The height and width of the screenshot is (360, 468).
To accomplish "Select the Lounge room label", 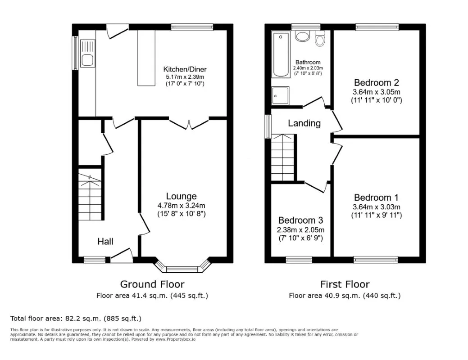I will coord(181,196).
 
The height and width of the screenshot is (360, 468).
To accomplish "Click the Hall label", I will coord(105,242).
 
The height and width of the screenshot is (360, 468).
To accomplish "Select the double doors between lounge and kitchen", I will coord(189,123).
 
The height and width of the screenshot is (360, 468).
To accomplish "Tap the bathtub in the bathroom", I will coord(281,55).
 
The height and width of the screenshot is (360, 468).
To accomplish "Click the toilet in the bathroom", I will coord(320,40).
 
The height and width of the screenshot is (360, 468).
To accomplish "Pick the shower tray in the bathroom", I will coord(280,95).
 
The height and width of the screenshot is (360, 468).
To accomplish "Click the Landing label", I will coord(304,123).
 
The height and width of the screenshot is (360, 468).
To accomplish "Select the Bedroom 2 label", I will coord(376,83).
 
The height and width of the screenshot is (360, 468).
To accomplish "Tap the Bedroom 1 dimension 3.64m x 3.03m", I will coord(376,207).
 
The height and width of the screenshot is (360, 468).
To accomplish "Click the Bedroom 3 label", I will coord(300,220).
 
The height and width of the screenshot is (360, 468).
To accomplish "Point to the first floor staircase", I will coord(282,157).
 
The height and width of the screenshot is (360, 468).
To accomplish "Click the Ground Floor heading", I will coord(152,284).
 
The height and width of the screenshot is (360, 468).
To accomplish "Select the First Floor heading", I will coord(345,284).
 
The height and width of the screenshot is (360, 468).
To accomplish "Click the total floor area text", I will coord(76,319).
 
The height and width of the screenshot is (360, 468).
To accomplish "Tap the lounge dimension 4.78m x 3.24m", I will coord(181,206).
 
